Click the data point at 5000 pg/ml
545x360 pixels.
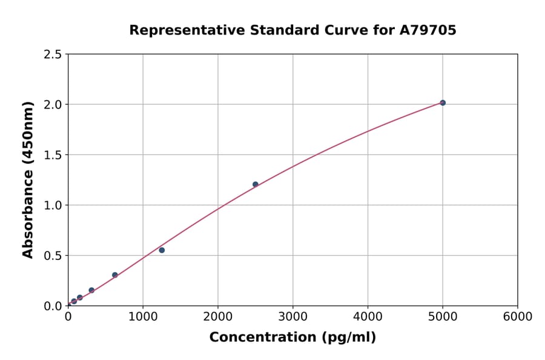[443, 103]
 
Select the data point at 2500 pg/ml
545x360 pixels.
[255, 184]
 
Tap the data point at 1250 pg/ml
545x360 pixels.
[162, 250]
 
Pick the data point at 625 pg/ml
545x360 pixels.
[115, 275]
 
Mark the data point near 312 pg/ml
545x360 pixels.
[91, 290]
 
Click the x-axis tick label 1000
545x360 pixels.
[143, 317]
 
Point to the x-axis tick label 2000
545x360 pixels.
[218, 317]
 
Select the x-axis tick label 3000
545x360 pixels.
[293, 317]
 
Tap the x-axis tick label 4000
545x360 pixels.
[368, 317]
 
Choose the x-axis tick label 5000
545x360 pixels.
[443, 317]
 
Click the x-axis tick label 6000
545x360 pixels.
[518, 317]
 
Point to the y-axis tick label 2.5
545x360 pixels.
[53, 55]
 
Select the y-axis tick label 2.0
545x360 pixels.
[53, 105]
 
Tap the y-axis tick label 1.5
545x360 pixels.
[53, 155]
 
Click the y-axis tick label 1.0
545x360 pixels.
[53, 205]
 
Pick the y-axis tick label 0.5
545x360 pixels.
[53, 256]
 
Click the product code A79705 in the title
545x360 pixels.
[428, 30]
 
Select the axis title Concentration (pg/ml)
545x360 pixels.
[292, 338]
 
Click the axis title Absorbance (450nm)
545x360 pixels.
[28, 179]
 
